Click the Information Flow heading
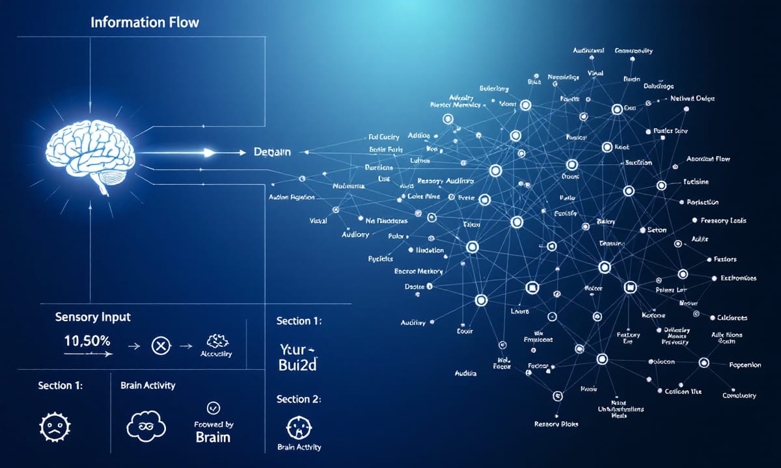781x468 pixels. point(144,23)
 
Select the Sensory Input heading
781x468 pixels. point(92,317)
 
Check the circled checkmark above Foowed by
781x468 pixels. point(213,408)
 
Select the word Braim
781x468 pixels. point(213,437)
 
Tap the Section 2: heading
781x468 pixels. point(298,399)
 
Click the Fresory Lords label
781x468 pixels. point(723,221)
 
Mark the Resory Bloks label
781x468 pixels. point(556,424)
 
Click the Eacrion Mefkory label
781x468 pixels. point(418,271)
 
